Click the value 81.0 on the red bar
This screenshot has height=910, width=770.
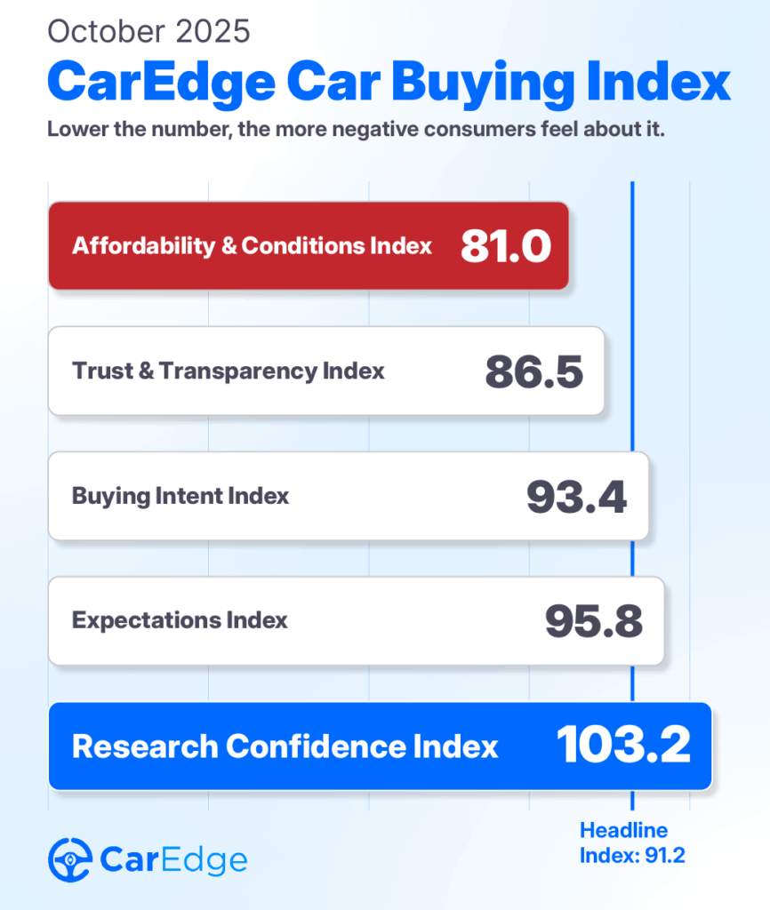click(506, 246)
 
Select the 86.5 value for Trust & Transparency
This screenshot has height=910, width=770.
click(533, 371)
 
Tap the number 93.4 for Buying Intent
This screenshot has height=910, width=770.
click(576, 496)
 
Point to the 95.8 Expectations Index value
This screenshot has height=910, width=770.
click(593, 621)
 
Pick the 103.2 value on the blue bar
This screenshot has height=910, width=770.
click(623, 746)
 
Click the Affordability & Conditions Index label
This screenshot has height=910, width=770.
click(253, 245)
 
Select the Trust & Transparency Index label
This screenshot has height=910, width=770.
click(229, 371)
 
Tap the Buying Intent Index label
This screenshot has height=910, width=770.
click(180, 496)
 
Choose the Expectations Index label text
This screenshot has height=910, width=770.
click(180, 620)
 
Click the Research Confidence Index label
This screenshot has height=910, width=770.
click(285, 746)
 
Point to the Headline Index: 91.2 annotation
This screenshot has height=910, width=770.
click(632, 843)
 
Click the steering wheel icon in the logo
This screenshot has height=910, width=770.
click(69, 859)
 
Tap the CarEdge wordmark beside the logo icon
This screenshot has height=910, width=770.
click(173, 860)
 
